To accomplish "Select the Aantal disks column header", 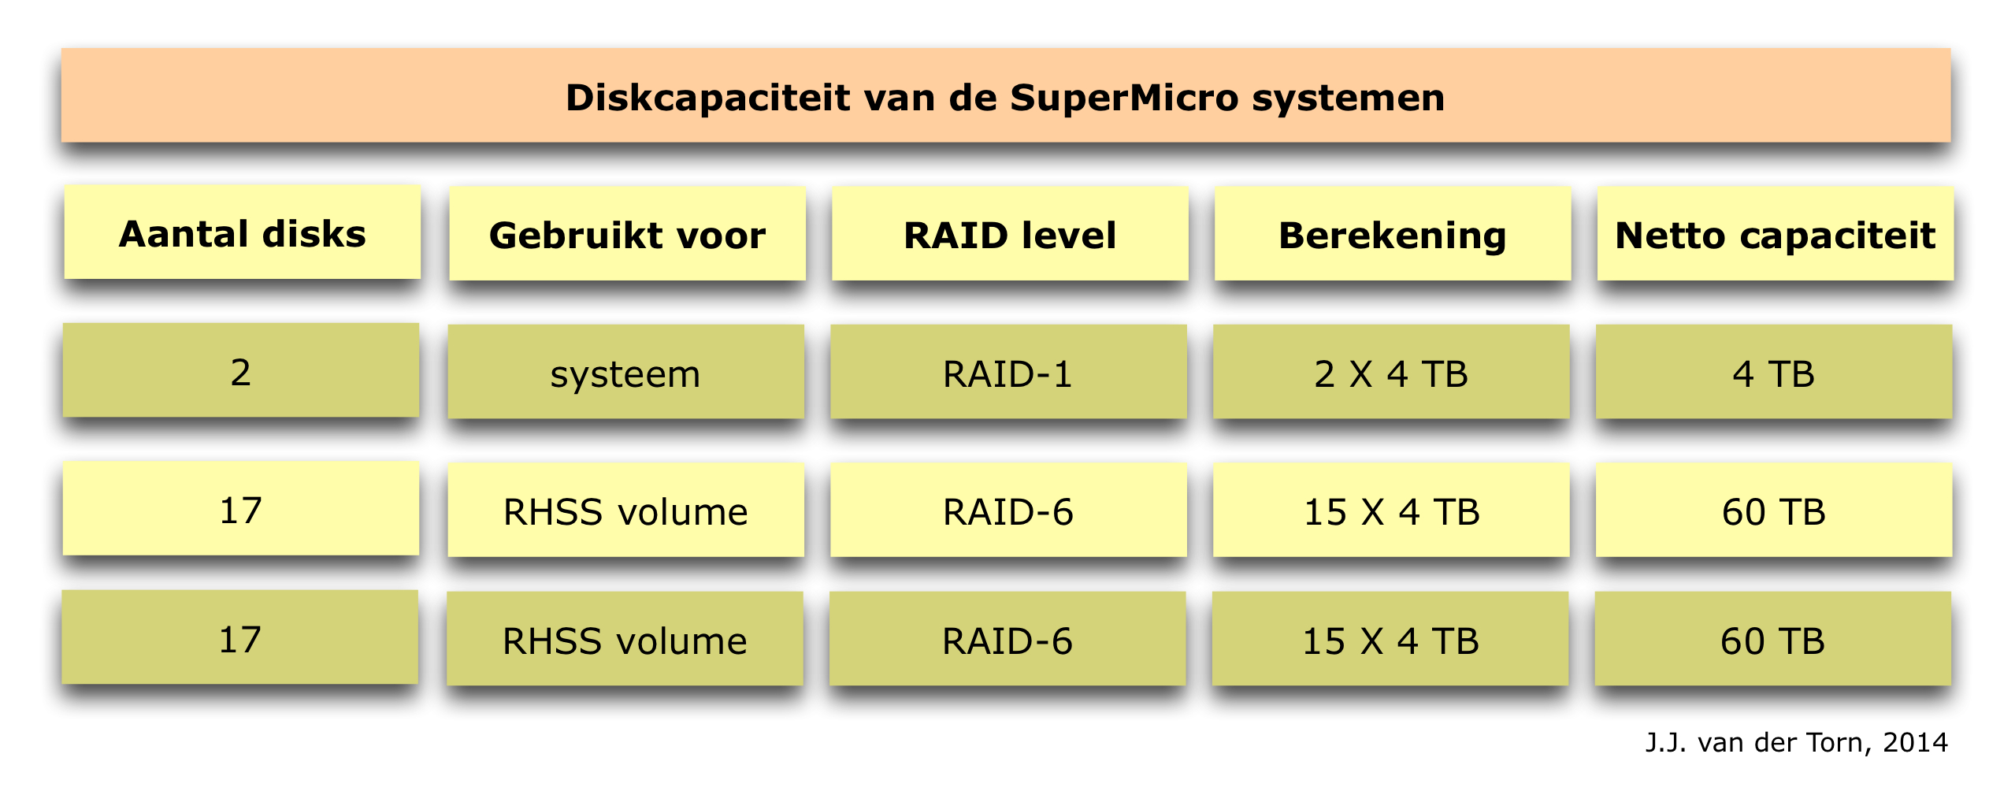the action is point(242,232).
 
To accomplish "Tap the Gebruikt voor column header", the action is point(627,233).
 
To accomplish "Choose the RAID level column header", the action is point(1010,233).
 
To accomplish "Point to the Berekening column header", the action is point(1393,233).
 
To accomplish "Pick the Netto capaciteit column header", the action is point(1776,233).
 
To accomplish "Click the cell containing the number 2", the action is point(241,370).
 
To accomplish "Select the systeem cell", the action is point(626,372).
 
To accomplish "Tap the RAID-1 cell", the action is point(1009,372).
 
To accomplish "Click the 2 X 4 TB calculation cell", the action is point(1392,372).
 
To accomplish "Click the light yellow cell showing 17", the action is point(241,509).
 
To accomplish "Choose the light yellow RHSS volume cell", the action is point(626,511).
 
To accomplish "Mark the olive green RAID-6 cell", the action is point(1008,639).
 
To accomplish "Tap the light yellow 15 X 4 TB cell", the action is point(1392,511).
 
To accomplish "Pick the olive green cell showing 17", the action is point(240,637).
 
